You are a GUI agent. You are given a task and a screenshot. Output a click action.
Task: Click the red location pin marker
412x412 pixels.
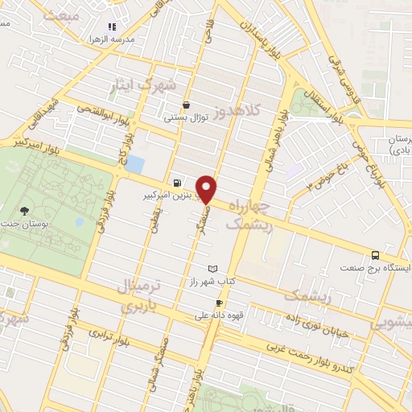click(208, 188)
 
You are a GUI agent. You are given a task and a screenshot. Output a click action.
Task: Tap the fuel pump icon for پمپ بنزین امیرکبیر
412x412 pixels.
click(177, 183)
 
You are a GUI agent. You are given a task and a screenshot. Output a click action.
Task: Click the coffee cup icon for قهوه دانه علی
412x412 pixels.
click(219, 303)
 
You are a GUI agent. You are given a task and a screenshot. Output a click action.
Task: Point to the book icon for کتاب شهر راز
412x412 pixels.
click(212, 268)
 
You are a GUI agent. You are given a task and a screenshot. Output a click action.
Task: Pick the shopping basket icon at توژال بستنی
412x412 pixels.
click(187, 104)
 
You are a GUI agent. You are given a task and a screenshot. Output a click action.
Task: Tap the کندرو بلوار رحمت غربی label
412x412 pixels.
click(319, 355)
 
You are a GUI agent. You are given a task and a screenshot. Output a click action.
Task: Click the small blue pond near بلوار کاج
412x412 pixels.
click(135, 165)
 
